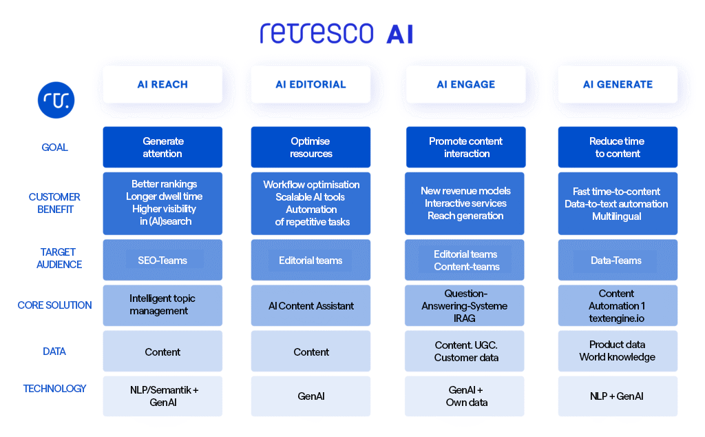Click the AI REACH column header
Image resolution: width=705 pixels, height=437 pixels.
(162, 84)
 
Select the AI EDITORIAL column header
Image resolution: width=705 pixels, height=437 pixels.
(311, 84)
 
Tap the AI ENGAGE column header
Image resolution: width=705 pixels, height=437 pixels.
(465, 84)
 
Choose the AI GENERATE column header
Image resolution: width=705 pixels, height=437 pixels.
(618, 84)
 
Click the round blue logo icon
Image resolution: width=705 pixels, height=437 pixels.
(56, 100)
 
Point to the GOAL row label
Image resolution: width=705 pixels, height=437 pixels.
(54, 147)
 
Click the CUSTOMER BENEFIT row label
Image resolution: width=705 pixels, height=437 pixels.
(54, 203)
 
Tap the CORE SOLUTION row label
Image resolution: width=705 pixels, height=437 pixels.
(54, 305)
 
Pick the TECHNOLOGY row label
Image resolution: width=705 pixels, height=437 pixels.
(54, 389)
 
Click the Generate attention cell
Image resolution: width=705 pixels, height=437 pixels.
(162, 147)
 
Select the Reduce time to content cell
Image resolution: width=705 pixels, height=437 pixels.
(618, 147)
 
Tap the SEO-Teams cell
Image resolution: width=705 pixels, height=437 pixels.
(162, 260)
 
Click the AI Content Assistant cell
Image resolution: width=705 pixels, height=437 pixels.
(311, 305)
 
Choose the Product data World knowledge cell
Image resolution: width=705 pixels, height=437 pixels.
(618, 351)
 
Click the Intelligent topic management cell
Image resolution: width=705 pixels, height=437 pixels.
(162, 305)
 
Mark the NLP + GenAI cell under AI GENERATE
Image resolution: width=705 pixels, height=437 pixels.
(618, 396)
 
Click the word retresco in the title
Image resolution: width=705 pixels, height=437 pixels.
(317, 32)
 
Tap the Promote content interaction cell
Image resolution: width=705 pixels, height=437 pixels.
(465, 147)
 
